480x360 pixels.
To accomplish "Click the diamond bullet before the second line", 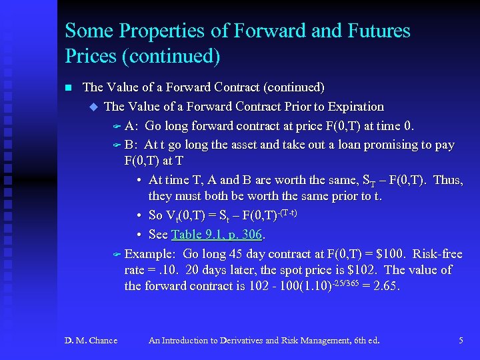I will pos(93,107).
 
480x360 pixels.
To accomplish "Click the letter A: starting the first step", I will pos(132,126).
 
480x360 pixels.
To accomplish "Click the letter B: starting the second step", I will pos(131,145).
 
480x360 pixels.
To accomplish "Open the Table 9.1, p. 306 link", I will pos(217,234).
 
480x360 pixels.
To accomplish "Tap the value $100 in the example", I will pos(388,254).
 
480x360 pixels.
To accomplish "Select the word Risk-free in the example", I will pos(437,254).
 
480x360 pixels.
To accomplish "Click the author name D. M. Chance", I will pos(91,341).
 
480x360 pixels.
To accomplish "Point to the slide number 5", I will pos(461,341).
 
